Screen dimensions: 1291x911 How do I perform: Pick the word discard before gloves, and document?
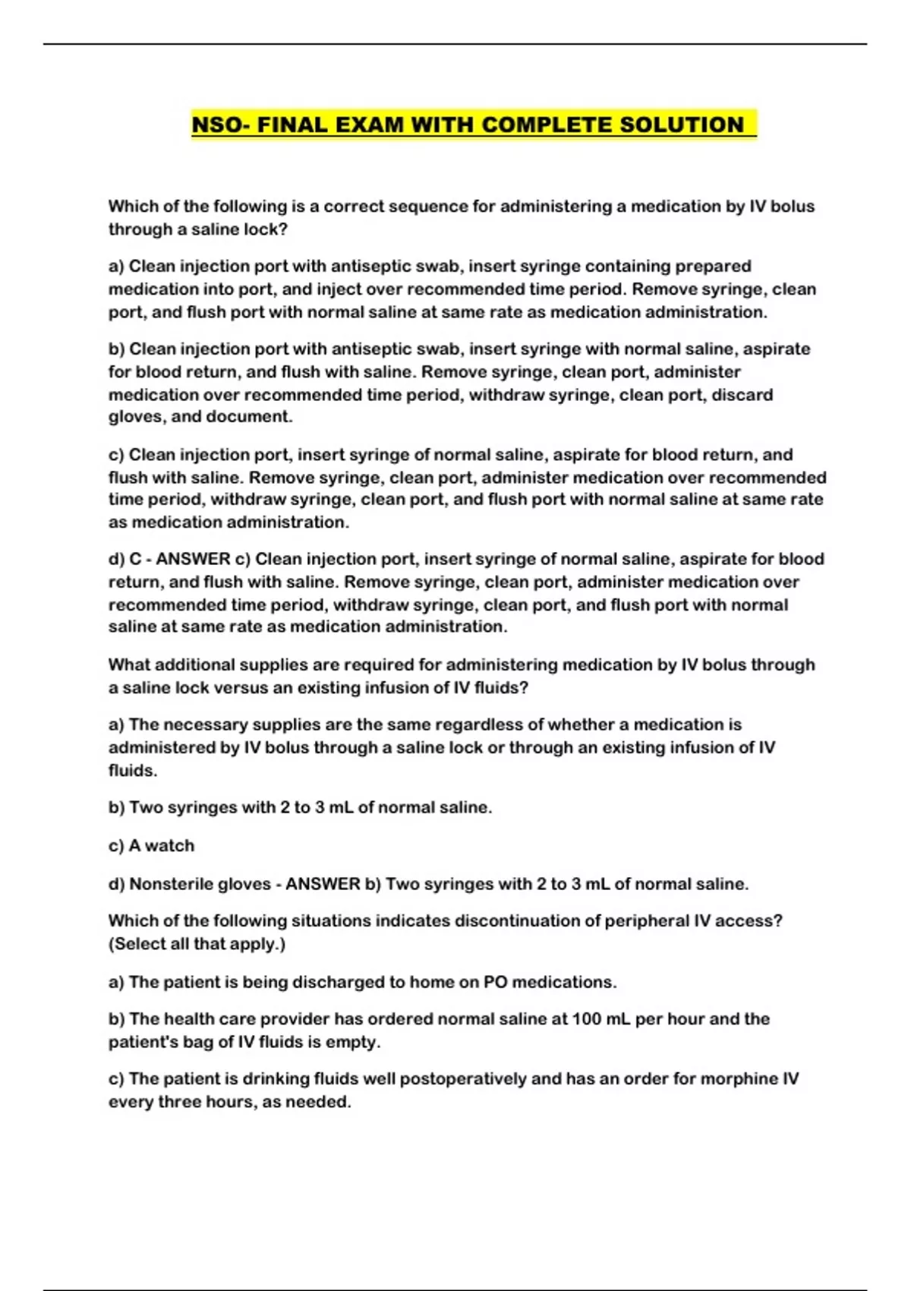coord(744,395)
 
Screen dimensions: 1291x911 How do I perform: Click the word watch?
coord(169,846)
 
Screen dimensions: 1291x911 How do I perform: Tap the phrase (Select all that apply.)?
coord(197,944)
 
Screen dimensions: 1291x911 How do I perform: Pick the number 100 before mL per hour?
coord(588,1019)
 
